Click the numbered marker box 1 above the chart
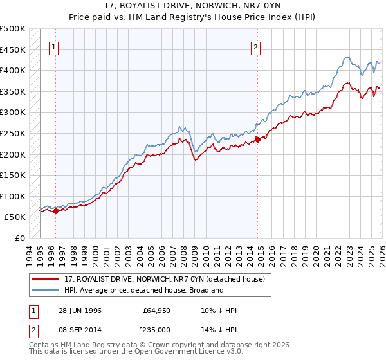click(x=54, y=47)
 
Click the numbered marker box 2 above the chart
click(x=256, y=47)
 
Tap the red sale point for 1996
click(x=56, y=210)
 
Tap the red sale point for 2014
click(x=257, y=139)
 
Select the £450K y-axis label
click(x=13, y=50)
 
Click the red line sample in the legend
click(x=46, y=278)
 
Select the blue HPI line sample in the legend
click(x=46, y=290)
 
